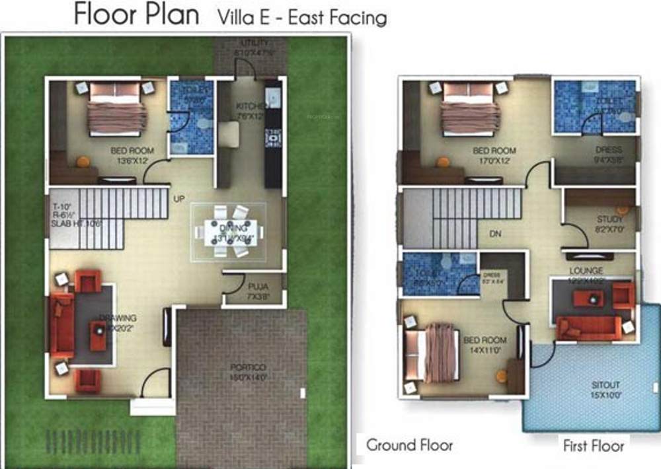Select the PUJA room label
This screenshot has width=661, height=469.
[x=257, y=287]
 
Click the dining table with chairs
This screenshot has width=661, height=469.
[x=229, y=231]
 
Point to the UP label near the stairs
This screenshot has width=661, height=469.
[x=179, y=198]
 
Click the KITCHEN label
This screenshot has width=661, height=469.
[x=251, y=106]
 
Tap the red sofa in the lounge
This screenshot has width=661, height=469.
[x=588, y=328]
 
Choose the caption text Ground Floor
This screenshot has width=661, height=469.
[x=410, y=445]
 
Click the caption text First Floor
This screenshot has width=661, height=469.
[x=593, y=446]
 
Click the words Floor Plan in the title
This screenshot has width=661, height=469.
[x=136, y=15]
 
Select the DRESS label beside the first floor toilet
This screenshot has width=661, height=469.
[x=607, y=151]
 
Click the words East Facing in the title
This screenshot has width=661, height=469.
[x=338, y=17]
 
